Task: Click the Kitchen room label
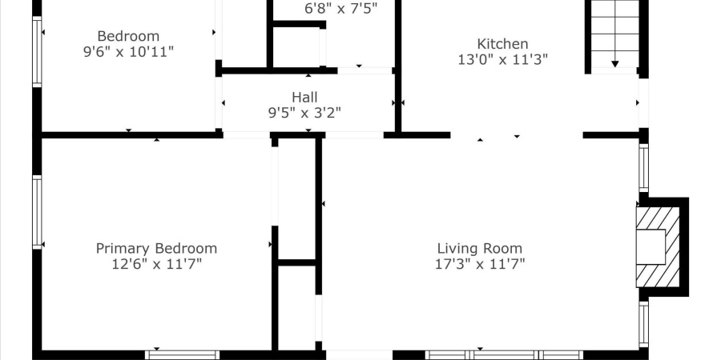tap(502, 44)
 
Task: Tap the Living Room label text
tap(479, 248)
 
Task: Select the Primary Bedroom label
tap(156, 248)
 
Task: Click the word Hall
tap(304, 98)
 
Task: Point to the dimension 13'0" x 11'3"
tap(502, 59)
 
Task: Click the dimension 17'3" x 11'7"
tap(479, 263)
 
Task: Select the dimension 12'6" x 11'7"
tap(156, 263)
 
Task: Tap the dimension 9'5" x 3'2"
tap(304, 113)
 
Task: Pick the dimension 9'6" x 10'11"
tap(128, 51)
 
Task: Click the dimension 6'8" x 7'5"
tap(340, 9)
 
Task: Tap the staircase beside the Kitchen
tap(614, 32)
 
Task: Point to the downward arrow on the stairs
tap(614, 62)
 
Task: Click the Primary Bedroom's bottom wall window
tap(182, 354)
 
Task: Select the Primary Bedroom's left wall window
tap(37, 212)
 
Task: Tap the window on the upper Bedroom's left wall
tap(37, 51)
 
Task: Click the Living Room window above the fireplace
tap(643, 167)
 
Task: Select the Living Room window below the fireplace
tap(643, 323)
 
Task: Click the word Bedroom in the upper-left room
tap(128, 36)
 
